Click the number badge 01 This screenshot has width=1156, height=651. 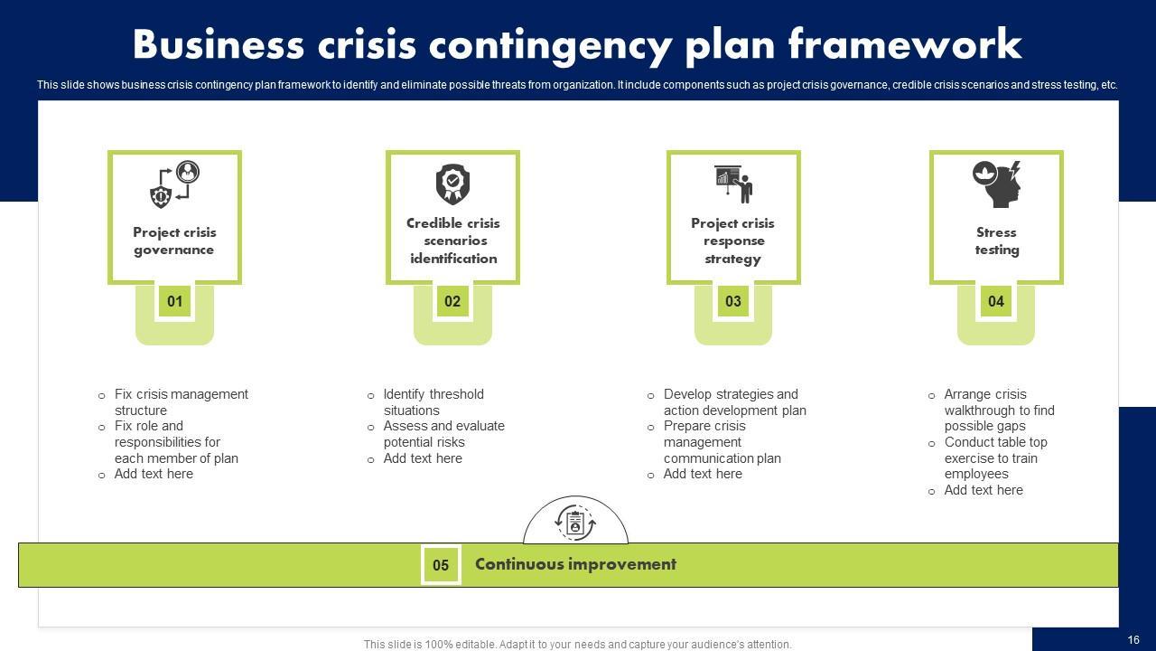coord(174,301)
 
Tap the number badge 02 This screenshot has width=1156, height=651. coord(452,301)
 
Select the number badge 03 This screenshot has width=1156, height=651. coord(732,301)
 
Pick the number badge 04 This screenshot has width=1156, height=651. coord(995,301)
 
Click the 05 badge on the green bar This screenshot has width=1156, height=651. coord(441,565)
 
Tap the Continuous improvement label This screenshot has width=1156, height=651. coord(575,564)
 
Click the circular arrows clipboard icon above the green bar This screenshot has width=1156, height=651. coord(575,523)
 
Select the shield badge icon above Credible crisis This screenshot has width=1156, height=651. coord(452,184)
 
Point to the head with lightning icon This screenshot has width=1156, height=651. coord(997,184)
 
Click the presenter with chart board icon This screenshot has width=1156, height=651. coord(732,184)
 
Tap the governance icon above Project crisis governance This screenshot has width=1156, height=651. coord(174,184)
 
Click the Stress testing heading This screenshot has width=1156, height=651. coord(996,241)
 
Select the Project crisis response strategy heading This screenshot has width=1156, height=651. coord(732,241)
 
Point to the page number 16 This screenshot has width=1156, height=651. coord(1133,640)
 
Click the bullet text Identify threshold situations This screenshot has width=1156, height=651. coord(433,402)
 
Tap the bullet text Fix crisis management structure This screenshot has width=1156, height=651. coord(181,402)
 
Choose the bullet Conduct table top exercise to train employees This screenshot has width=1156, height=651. coord(995,458)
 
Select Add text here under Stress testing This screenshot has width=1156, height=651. coord(984,490)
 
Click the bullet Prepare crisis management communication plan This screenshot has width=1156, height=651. coord(722,442)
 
